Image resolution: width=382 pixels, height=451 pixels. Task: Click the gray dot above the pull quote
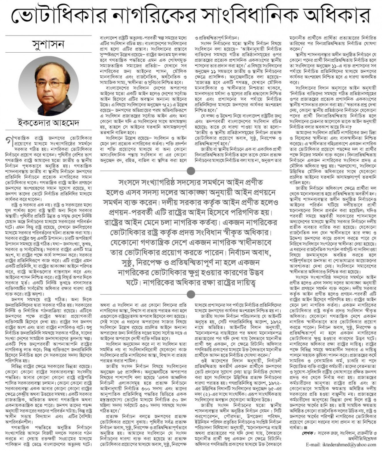tap(191, 171)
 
